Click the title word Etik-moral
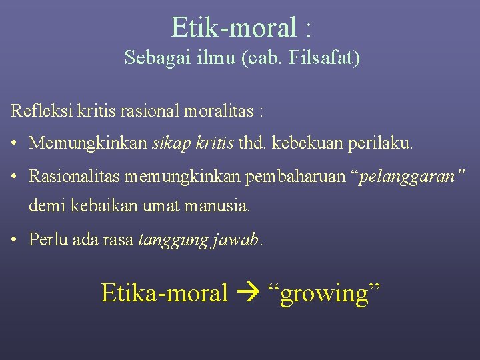[x=234, y=28]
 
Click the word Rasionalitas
[x=79, y=177]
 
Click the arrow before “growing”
[x=248, y=293]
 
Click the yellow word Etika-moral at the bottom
[x=165, y=293]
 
